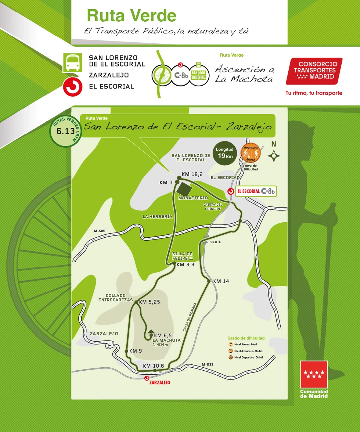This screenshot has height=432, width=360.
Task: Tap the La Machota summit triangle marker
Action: click(151, 332)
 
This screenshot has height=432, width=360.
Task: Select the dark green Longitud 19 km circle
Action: click(224, 153)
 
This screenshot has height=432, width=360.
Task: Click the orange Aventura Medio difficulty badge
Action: click(251, 152)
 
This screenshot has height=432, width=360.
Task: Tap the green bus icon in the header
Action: click(72, 63)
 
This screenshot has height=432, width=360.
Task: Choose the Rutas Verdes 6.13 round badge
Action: click(65, 131)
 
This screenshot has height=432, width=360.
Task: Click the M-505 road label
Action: click(99, 231)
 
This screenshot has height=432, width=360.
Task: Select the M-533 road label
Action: click(208, 364)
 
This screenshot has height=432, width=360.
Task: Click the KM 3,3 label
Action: click(185, 264)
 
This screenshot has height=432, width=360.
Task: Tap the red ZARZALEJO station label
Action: click(160, 382)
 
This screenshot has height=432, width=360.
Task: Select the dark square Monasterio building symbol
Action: click(184, 189)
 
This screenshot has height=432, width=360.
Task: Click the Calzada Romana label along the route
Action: click(190, 317)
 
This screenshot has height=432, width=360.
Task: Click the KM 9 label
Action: click(135, 351)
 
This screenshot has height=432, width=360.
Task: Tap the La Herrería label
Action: click(157, 217)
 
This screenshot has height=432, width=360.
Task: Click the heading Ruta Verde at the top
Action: click(132, 16)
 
